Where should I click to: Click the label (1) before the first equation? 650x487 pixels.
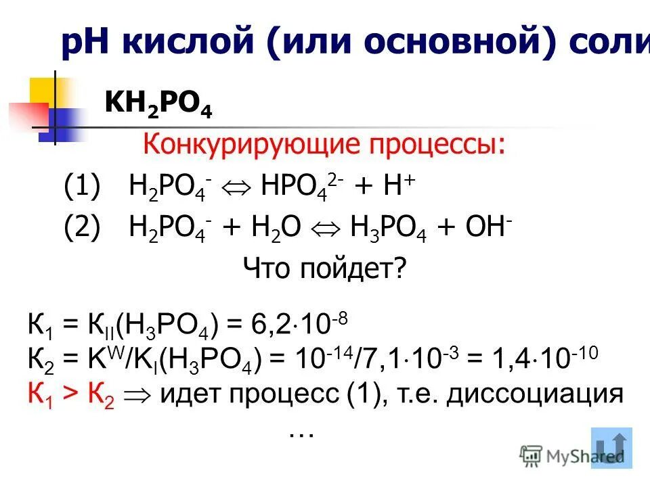82,185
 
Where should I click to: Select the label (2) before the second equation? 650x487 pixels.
82,228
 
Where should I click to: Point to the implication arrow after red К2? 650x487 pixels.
139,394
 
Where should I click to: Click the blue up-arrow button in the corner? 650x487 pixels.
611,448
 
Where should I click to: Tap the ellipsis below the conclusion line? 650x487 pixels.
301,433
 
